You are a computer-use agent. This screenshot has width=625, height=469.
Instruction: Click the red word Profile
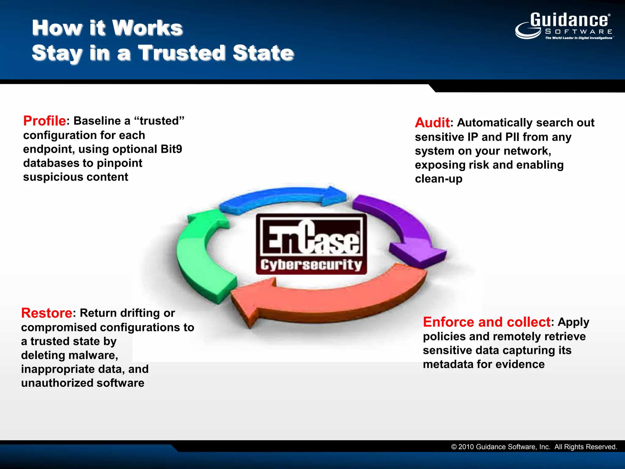(45, 121)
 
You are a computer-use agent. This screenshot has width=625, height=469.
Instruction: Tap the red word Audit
(432, 123)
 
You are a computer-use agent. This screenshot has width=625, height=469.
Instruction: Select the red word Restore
(47, 313)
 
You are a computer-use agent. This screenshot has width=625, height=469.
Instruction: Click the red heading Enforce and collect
(487, 322)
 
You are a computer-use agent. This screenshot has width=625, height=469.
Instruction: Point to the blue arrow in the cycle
(284, 196)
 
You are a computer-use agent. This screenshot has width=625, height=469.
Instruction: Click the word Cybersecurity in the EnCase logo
(311, 265)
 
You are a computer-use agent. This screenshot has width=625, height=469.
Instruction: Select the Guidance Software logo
(565, 26)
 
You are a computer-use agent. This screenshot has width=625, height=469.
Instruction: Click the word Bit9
(171, 149)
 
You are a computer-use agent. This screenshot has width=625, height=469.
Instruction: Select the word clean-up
(439, 179)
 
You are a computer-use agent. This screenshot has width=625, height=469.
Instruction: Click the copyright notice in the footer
(534, 447)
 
